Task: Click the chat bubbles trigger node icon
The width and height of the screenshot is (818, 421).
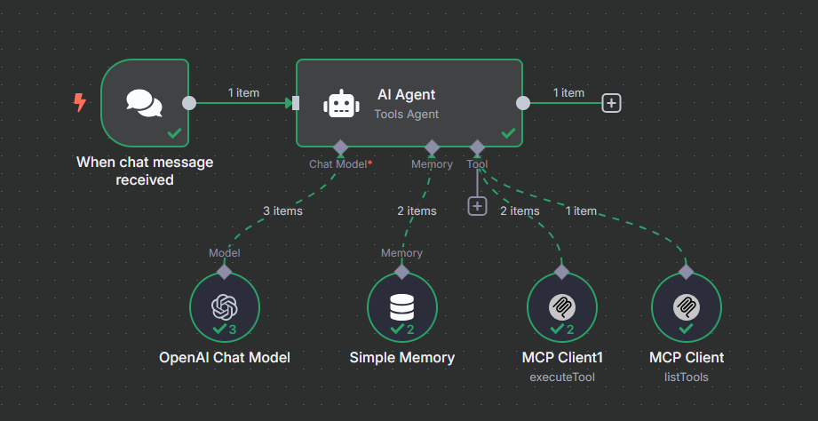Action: [x=145, y=103]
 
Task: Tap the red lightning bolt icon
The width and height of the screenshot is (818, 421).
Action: [x=80, y=103]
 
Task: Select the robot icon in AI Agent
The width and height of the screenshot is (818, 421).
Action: [x=341, y=103]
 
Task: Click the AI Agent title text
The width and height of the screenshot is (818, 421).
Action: [x=407, y=95]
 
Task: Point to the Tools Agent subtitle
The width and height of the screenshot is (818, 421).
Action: [x=407, y=114]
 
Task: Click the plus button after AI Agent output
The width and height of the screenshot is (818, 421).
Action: [x=611, y=103]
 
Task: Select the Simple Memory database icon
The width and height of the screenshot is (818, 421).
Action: [x=401, y=306]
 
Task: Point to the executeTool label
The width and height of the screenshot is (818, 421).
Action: [x=561, y=377]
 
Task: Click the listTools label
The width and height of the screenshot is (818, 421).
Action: [x=686, y=377]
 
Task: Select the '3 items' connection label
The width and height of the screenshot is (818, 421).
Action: [x=282, y=211]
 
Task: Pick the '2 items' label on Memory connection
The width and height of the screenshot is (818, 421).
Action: [x=416, y=211]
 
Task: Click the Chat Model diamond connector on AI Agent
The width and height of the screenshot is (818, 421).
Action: [x=339, y=147]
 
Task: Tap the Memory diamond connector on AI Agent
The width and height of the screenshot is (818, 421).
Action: [x=432, y=147]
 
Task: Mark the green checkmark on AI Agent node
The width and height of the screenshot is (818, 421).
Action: [x=508, y=133]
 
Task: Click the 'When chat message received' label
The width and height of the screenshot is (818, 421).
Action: [x=145, y=171]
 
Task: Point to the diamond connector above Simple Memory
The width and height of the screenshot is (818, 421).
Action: [x=401, y=270]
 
